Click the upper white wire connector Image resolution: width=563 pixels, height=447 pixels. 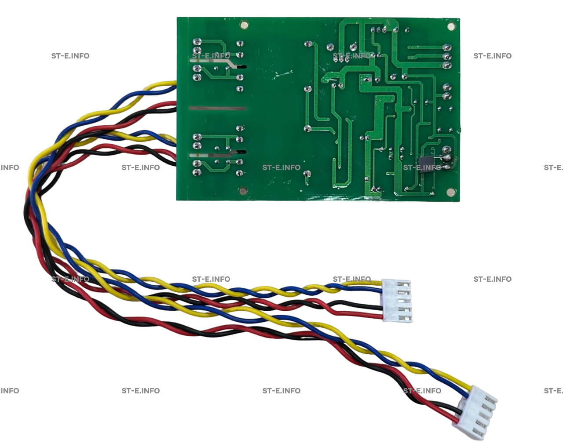(x=397, y=301)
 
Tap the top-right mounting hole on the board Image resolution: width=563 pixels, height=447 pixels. (x=451, y=26)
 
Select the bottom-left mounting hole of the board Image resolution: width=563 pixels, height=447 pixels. (x=242, y=191)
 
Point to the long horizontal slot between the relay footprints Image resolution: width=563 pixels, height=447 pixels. (x=218, y=108)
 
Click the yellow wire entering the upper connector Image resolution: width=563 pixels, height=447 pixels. (x=372, y=283)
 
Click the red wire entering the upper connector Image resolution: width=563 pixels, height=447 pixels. (x=372, y=315)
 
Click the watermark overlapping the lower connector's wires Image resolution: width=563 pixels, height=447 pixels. (x=422, y=391)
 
